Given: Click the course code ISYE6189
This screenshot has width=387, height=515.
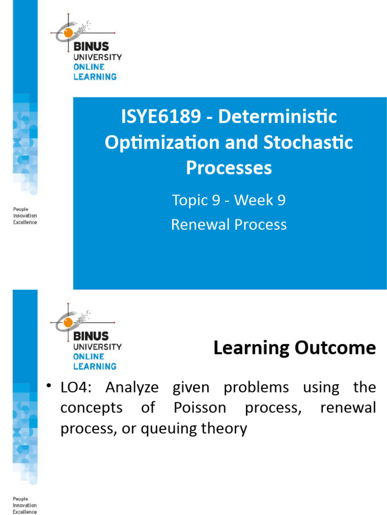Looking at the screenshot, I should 155,117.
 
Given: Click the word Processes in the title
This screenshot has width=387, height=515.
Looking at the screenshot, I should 229,167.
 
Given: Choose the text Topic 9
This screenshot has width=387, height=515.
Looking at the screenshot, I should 190,200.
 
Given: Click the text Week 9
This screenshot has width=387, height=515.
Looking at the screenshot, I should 260,200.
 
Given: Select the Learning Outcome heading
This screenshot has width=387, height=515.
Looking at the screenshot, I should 294,348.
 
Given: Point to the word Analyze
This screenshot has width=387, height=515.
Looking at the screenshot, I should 132,387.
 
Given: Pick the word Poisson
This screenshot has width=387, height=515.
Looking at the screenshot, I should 200,408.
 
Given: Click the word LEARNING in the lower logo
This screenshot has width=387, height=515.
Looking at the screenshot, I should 95,366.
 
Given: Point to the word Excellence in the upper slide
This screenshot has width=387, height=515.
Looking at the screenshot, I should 25,222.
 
